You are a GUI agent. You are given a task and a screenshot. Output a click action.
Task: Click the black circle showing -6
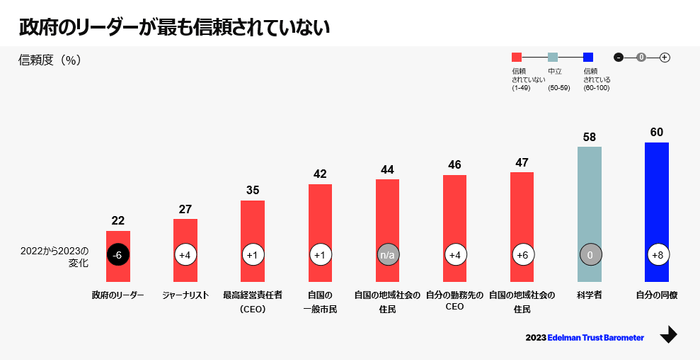[117, 255]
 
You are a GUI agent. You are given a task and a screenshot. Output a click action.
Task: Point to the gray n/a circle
[387, 255]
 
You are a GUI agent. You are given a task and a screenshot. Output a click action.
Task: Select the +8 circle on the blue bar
[656, 255]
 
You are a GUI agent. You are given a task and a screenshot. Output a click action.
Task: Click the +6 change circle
[522, 255]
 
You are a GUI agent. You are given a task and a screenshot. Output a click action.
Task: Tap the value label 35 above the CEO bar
[252, 189]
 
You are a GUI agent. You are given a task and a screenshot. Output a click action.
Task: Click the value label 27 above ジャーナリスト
[184, 208]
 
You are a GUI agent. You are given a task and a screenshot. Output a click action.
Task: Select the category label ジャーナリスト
[184, 296]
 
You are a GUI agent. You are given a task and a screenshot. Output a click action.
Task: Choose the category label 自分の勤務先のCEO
[454, 302]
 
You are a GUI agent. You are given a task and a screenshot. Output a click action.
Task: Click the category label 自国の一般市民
[320, 302]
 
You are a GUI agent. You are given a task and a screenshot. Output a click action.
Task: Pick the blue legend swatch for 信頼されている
[590, 57]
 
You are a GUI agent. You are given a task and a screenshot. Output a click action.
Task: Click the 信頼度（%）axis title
[49, 60]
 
